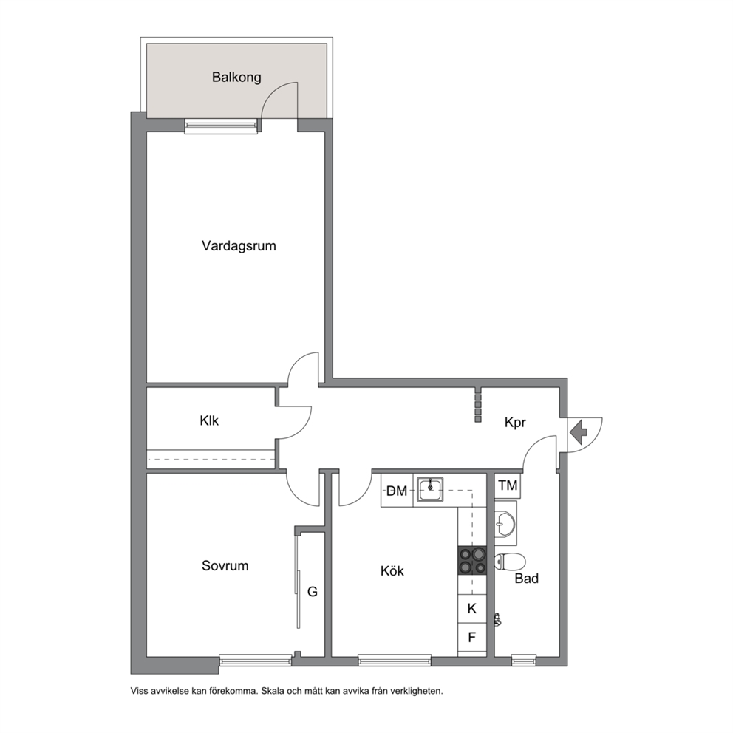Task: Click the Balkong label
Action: click(x=236, y=77)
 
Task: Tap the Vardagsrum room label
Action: click(x=239, y=246)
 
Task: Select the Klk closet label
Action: click(x=209, y=420)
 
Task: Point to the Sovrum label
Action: click(x=225, y=566)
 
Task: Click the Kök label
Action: click(x=392, y=570)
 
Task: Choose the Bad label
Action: click(x=526, y=579)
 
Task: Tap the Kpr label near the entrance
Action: click(x=515, y=423)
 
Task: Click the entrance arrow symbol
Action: click(x=579, y=432)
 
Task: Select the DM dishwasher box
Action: click(x=397, y=491)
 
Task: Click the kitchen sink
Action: click(x=430, y=489)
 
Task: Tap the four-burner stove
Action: click(x=472, y=561)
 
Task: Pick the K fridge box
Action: click(x=472, y=609)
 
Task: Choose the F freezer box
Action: click(x=472, y=637)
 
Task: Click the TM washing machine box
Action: click(x=508, y=485)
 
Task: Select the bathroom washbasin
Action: click(x=505, y=523)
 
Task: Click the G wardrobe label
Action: click(x=313, y=592)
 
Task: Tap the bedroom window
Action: click(x=255, y=660)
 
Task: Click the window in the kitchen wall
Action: click(x=395, y=660)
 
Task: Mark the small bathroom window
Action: click(x=524, y=660)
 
